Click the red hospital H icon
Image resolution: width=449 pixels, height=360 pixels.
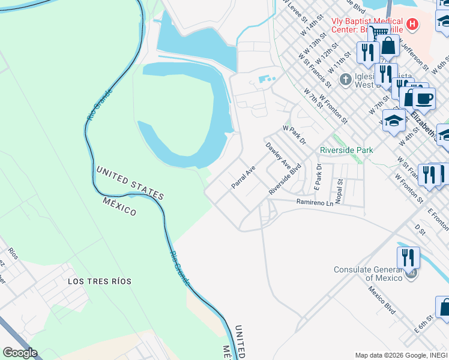point(412,25)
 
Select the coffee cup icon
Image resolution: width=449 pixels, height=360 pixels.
point(424,98)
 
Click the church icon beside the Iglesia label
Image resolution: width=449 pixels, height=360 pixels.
point(345,79)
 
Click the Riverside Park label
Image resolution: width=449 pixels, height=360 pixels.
point(346,150)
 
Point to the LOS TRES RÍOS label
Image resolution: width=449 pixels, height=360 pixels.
point(100,281)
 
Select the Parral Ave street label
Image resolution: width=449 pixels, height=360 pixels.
point(244,178)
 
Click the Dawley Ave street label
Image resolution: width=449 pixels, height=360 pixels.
point(278,156)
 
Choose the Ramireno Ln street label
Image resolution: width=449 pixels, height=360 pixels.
point(315,203)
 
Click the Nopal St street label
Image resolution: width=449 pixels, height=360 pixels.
point(339,191)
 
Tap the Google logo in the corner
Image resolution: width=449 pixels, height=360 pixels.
point(19,353)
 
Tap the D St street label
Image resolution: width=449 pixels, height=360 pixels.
point(420,229)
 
